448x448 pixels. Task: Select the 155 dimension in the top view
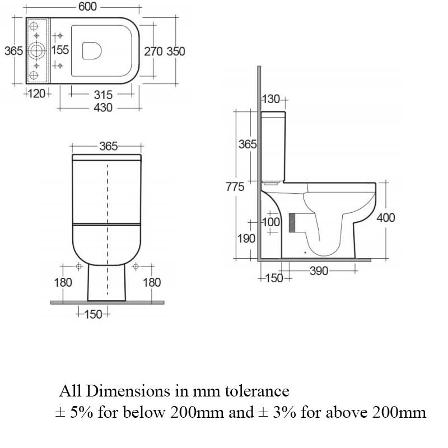(x=60, y=50)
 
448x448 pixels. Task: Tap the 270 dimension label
(x=153, y=51)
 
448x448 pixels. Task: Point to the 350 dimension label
(x=176, y=51)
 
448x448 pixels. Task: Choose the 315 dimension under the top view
(x=103, y=95)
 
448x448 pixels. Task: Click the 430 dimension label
(x=102, y=108)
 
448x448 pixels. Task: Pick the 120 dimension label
(x=37, y=94)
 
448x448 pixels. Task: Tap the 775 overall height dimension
(x=235, y=187)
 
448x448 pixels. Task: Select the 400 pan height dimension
(x=385, y=218)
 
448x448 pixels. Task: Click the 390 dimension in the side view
(x=319, y=272)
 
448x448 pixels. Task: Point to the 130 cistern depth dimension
(x=271, y=100)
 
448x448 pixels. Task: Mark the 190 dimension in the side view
(x=246, y=239)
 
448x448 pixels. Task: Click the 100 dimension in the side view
(x=271, y=222)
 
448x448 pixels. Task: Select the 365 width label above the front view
(x=108, y=146)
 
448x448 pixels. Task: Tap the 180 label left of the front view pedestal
(x=63, y=282)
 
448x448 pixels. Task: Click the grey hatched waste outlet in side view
(x=291, y=222)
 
